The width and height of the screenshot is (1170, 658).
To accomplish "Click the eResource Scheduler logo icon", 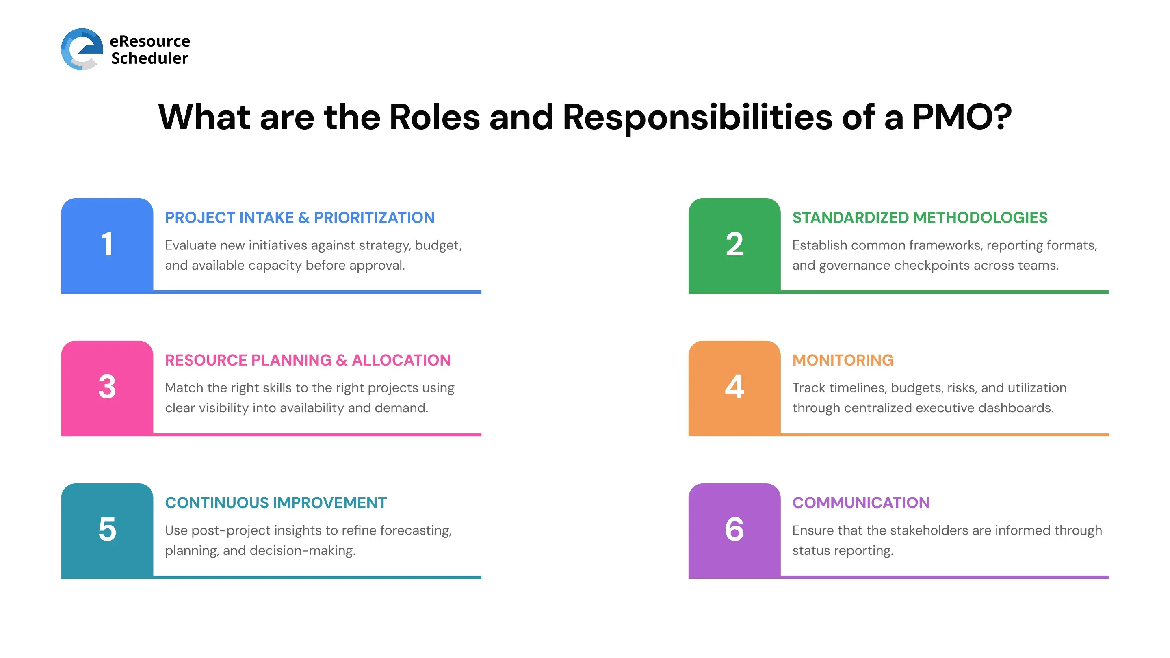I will pyautogui.click(x=82, y=49).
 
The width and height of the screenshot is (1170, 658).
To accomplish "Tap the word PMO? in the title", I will pyautogui.click(x=962, y=117).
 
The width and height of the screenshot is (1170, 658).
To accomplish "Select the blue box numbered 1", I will pyautogui.click(x=107, y=245).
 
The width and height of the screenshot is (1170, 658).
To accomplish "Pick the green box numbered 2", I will pyautogui.click(x=734, y=245).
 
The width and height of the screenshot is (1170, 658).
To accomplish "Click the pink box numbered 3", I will pyautogui.click(x=107, y=388).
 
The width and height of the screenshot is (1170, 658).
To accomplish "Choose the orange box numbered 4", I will pyautogui.click(x=734, y=388).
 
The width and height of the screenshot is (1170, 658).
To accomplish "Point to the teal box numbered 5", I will pyautogui.click(x=107, y=530).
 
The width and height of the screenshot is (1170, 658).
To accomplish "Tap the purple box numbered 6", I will pyautogui.click(x=734, y=530).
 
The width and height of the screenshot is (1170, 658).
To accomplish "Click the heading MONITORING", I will pyautogui.click(x=843, y=360).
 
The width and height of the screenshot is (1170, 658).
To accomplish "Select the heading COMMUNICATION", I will pyautogui.click(x=861, y=503).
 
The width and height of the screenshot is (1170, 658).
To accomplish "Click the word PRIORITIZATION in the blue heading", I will pyautogui.click(x=374, y=218).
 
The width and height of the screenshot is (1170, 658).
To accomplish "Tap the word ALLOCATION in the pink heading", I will pyautogui.click(x=401, y=360).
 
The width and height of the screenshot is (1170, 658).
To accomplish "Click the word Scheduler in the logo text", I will pyautogui.click(x=150, y=58).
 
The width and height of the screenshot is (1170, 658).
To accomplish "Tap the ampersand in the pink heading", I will pyautogui.click(x=342, y=360).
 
